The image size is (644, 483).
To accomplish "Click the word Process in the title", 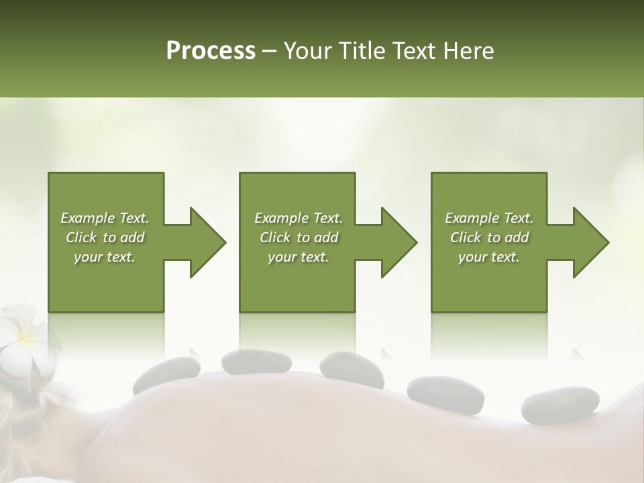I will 211,51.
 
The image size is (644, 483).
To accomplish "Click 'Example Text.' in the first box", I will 105,218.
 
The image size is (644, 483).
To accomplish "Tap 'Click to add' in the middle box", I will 299,237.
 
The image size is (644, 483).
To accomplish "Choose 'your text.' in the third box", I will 489,257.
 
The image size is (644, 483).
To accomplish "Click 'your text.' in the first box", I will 105,257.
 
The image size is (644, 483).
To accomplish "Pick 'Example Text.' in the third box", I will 489,218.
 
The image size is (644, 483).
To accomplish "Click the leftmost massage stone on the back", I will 166,376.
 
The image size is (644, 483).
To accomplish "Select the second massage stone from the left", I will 247,362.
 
